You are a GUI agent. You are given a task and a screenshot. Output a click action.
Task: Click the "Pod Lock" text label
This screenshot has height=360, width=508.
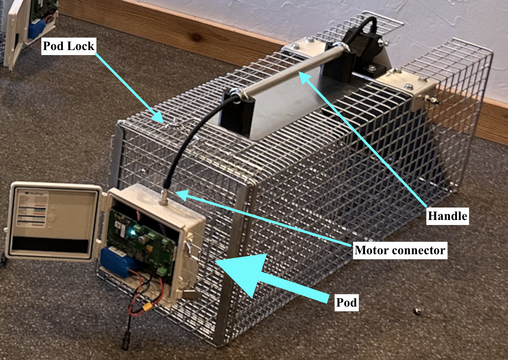tap(69, 46)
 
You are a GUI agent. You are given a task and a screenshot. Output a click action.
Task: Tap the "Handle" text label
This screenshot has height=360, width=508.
tap(447, 216)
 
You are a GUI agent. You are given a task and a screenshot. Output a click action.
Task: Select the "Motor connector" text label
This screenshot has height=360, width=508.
tap(400, 250)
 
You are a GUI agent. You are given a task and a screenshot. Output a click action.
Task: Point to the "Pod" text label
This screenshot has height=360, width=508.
tap(346, 303)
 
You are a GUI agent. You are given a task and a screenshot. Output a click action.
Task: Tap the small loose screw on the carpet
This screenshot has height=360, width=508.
tap(417, 311)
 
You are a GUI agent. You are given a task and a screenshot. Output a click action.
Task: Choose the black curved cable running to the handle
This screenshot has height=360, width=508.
tap(188, 141)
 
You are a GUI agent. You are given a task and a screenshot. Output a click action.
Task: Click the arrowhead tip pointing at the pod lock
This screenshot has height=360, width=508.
tap(161, 119)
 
